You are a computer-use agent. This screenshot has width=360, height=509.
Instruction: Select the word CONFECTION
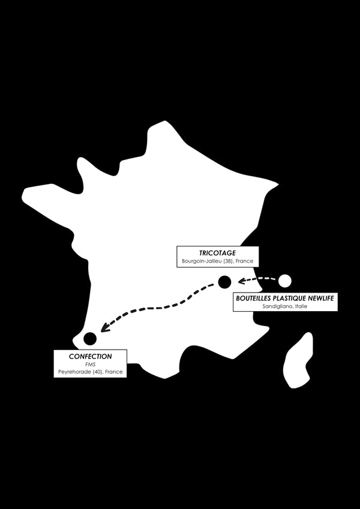coord(91,357)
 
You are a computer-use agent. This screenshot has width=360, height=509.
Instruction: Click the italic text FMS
coord(91,365)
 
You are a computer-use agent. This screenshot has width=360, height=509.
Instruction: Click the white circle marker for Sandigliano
coord(285,281)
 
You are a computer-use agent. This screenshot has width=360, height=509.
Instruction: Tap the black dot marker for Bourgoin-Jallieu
coord(224,282)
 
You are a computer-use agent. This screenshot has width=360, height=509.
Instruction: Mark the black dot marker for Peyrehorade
coord(90,338)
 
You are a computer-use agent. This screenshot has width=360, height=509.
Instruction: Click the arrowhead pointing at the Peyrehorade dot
coord(104,327)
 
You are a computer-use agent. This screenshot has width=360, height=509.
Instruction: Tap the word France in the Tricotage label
coord(247,261)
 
